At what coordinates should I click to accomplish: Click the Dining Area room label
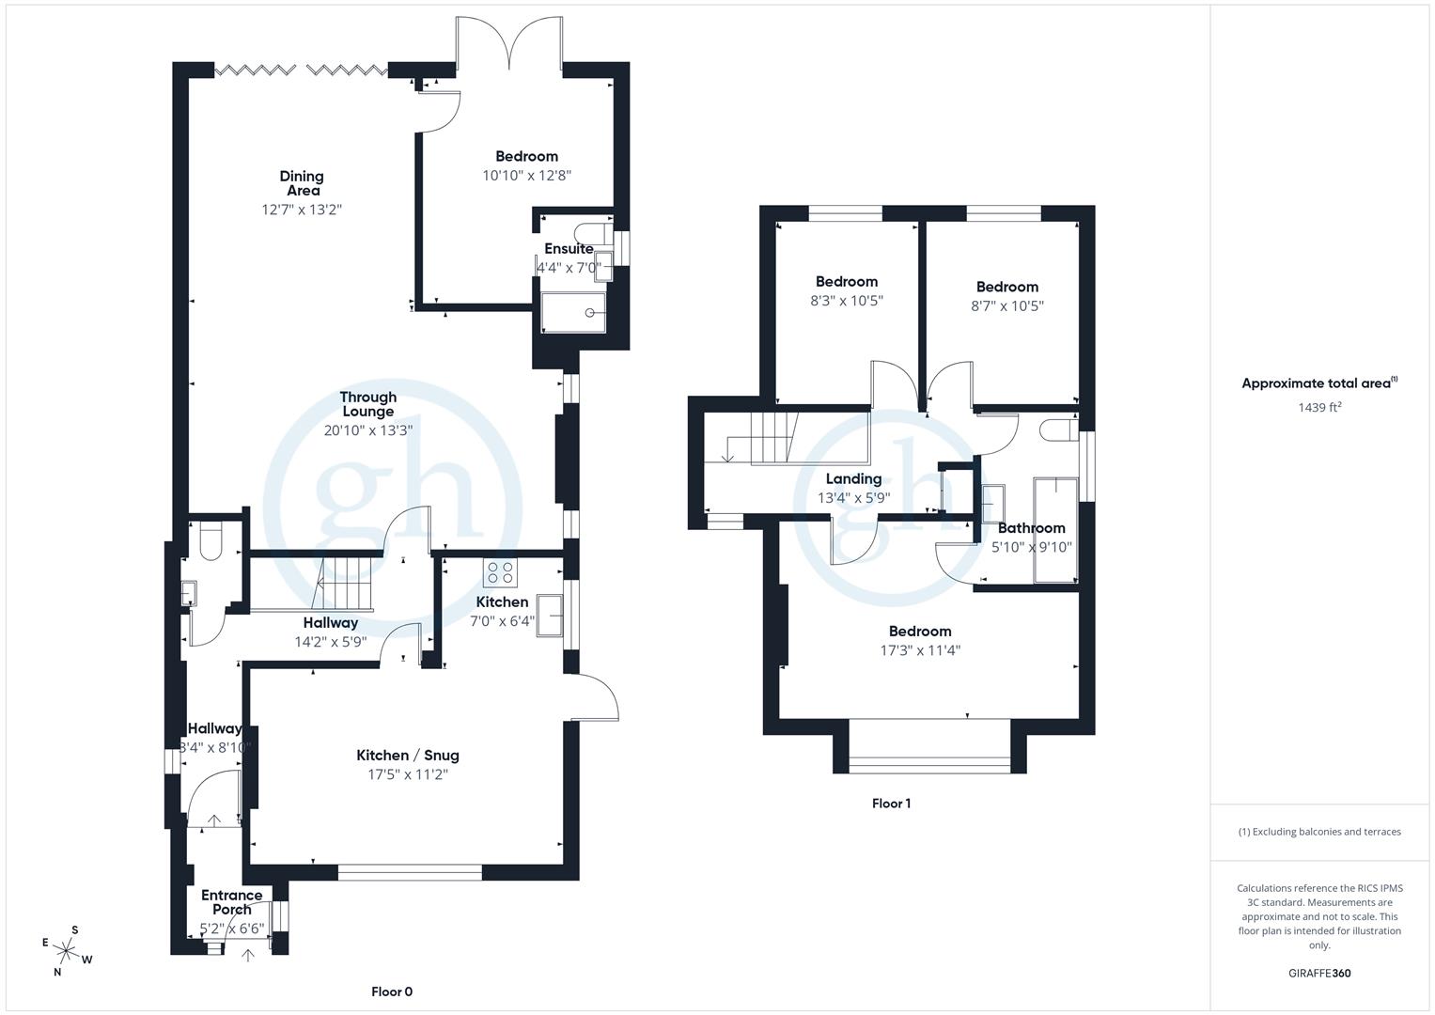pyautogui.click(x=301, y=182)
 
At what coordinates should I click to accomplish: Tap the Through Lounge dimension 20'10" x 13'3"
pyautogui.click(x=367, y=430)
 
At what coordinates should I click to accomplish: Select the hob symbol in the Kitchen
pyautogui.click(x=498, y=572)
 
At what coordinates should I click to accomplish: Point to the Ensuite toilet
pyautogui.click(x=593, y=232)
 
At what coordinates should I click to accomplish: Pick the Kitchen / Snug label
pyautogui.click(x=407, y=755)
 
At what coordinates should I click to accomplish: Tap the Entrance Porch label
pyautogui.click(x=231, y=902)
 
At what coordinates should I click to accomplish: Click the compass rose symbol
pyautogui.click(x=66, y=950)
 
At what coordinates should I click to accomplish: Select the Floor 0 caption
pyautogui.click(x=392, y=992)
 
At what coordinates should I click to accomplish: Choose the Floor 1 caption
pyautogui.click(x=891, y=804)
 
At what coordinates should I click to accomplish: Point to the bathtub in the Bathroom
pyautogui.click(x=1054, y=529)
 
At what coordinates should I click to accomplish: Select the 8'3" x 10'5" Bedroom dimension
pyautogui.click(x=847, y=301)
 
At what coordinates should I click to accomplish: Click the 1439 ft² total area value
pyautogui.click(x=1318, y=407)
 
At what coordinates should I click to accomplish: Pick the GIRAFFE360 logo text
pyautogui.click(x=1318, y=973)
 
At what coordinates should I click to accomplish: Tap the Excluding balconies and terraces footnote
pyautogui.click(x=1319, y=832)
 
